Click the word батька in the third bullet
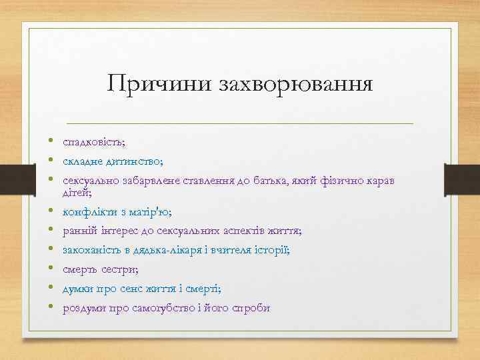click(x=263, y=181)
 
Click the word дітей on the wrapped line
click(x=76, y=193)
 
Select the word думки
click(x=79, y=289)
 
